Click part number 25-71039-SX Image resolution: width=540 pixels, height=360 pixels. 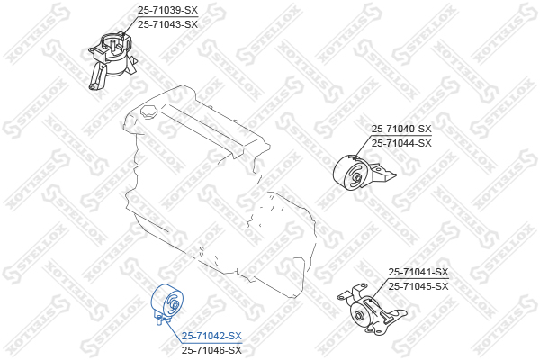(167, 10)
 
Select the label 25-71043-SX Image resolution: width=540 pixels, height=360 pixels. (167, 24)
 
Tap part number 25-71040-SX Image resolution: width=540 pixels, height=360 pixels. (401, 129)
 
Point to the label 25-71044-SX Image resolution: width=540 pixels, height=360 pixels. (401, 143)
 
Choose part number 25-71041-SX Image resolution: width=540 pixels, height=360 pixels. (418, 272)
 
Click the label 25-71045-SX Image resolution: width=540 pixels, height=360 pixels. (418, 286)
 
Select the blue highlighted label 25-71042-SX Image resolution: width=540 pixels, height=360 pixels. (211, 336)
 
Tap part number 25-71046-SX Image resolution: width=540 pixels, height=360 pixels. (211, 350)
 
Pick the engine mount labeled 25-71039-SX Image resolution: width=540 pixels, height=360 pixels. (112, 61)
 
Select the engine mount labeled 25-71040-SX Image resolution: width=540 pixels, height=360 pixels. (364, 172)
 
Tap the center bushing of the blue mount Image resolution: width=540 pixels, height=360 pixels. (175, 305)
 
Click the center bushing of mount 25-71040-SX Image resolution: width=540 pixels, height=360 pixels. (357, 178)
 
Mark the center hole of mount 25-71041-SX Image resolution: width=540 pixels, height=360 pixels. (359, 315)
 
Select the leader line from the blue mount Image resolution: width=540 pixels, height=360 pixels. (173, 331)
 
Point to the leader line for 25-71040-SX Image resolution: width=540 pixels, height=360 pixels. (363, 146)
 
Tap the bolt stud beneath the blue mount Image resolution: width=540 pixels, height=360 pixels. (158, 321)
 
